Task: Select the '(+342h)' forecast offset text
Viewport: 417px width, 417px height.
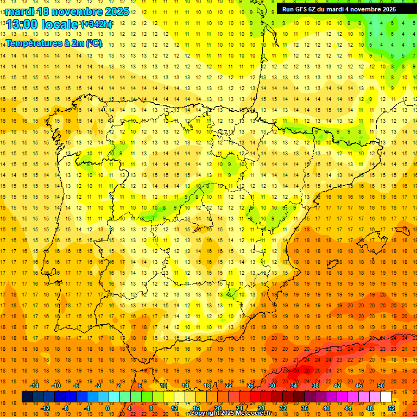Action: coord(97,24)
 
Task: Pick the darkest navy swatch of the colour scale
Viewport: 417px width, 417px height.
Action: coord(27,397)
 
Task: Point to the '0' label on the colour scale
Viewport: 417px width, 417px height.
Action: coord(108,408)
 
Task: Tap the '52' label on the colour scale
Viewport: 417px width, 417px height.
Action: coord(391,408)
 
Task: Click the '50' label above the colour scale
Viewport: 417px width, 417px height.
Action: coord(381,386)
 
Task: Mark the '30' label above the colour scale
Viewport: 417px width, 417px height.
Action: coord(271,386)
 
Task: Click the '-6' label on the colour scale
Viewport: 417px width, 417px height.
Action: coord(77,386)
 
